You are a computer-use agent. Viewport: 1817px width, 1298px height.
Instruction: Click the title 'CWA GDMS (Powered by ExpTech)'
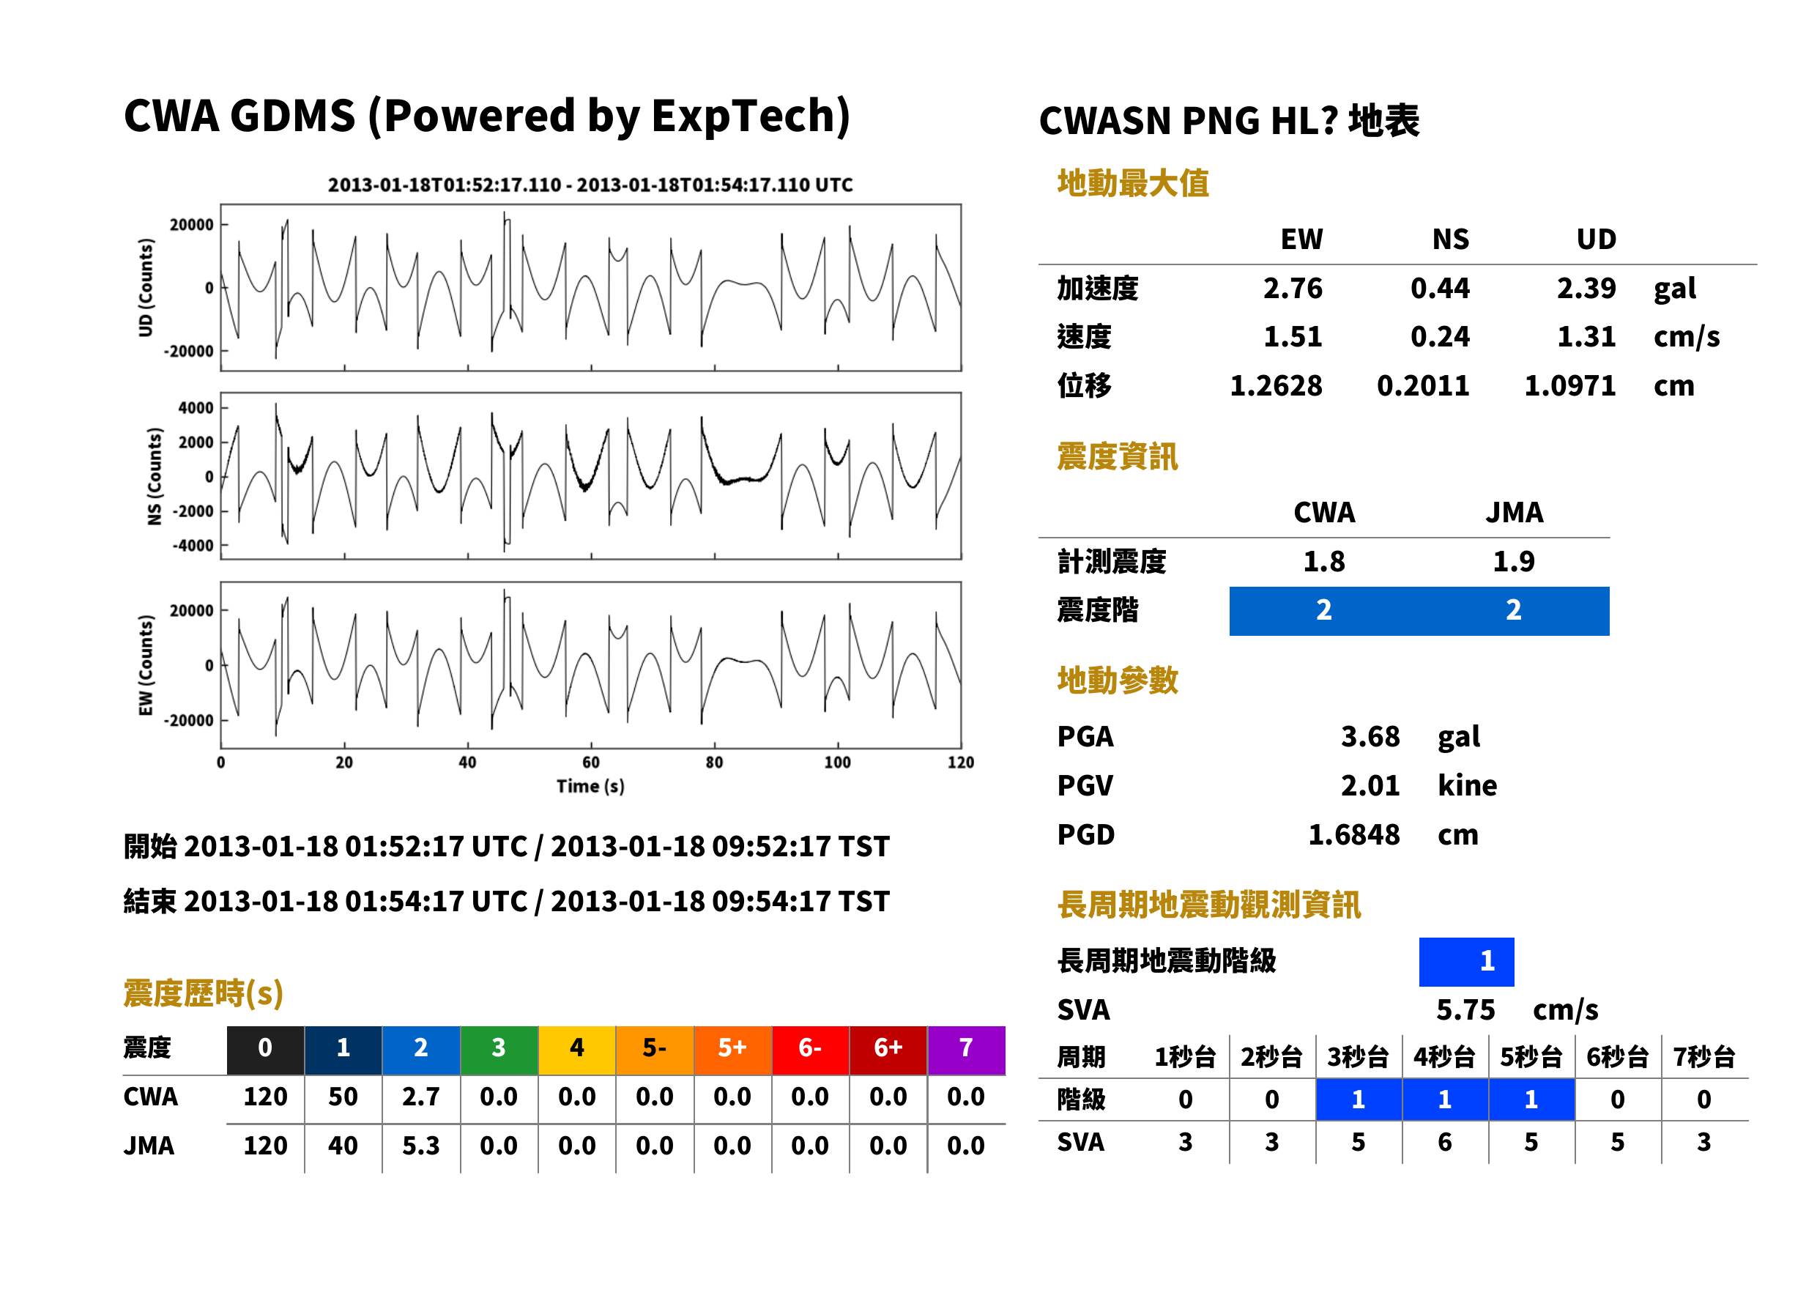[x=486, y=116]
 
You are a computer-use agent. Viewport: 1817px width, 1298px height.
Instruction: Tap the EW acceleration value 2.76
[x=1292, y=289]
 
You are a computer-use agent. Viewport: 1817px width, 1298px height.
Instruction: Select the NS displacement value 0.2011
[x=1422, y=386]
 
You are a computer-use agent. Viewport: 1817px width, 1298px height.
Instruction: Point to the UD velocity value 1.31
[x=1586, y=337]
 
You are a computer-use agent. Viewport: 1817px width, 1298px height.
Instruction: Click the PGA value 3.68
[x=1370, y=736]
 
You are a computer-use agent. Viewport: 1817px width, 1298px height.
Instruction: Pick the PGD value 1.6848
[x=1353, y=834]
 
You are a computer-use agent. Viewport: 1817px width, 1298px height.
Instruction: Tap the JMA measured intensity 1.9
[x=1513, y=562]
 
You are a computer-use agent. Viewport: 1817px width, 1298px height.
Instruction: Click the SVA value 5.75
[x=1465, y=1010]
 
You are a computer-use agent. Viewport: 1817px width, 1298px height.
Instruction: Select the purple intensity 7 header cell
[x=966, y=1047]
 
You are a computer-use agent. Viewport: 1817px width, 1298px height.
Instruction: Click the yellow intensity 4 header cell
[x=577, y=1047]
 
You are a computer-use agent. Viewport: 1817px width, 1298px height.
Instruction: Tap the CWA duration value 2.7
[x=421, y=1097]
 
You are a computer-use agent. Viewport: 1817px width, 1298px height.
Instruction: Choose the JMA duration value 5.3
[x=421, y=1146]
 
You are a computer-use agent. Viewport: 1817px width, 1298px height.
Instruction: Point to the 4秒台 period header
[x=1443, y=1058]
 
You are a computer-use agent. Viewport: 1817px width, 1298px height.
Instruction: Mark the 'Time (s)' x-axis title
[x=590, y=787]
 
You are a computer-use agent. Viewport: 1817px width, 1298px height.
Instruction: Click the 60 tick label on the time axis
[x=590, y=763]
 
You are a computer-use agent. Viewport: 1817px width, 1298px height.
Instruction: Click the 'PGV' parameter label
[x=1085, y=786]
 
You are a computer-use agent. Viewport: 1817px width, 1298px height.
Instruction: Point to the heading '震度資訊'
[x=1117, y=457]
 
